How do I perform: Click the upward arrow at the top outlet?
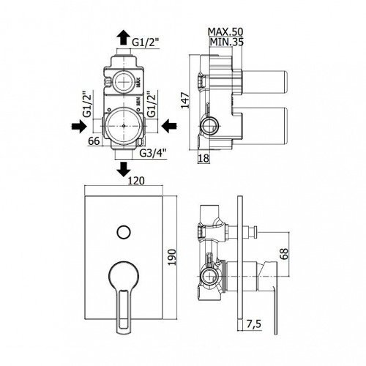[124, 37]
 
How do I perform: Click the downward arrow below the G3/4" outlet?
[124, 169]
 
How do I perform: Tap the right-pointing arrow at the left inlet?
[79, 126]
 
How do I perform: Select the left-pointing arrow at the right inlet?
[169, 126]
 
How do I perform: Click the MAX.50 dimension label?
[225, 31]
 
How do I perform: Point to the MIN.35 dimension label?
[227, 42]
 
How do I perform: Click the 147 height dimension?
[185, 100]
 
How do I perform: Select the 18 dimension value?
[203, 158]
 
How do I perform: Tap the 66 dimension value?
[94, 141]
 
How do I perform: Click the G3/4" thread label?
[153, 153]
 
